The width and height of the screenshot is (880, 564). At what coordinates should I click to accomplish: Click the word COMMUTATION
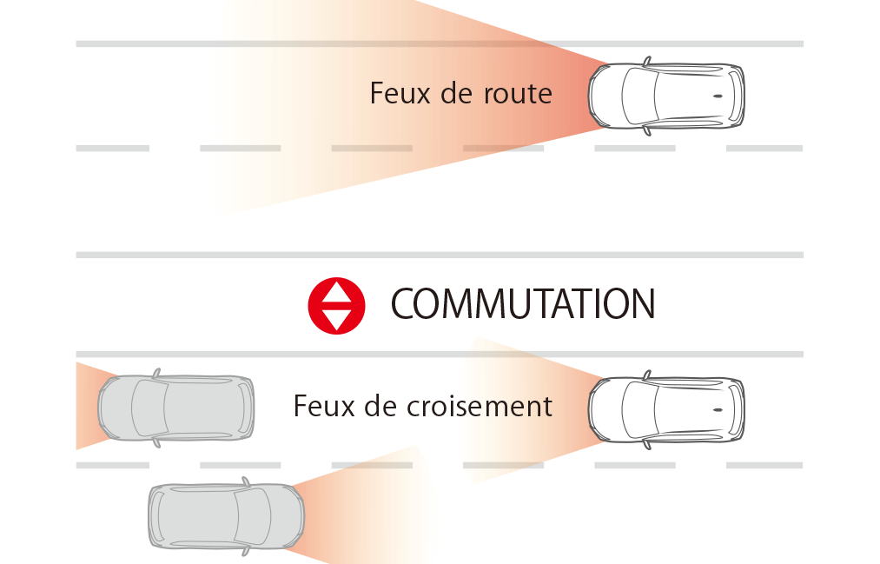click(522, 304)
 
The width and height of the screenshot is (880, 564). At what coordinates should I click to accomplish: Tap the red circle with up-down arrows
click(336, 304)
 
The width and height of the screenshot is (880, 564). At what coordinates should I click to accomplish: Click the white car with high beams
click(666, 96)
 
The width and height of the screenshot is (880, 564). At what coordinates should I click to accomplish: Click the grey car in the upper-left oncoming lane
click(175, 408)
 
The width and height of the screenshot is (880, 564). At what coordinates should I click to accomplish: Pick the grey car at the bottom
click(226, 516)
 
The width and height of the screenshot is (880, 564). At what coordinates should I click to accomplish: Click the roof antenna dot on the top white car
click(718, 96)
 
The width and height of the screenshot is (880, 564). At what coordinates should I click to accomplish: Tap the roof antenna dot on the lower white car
click(718, 409)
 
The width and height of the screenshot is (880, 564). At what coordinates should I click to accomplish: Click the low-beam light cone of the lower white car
click(530, 408)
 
